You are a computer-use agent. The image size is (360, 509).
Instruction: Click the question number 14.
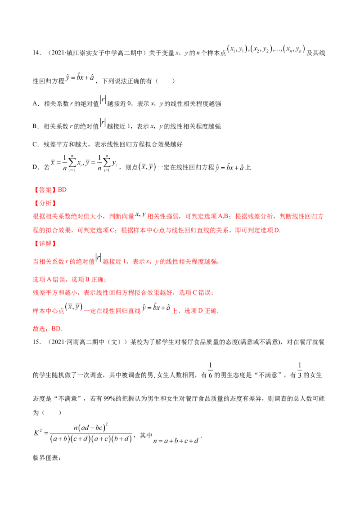tap(36, 53)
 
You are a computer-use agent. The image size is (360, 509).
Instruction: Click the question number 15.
tap(36, 342)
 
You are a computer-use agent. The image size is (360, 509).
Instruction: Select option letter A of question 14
tap(36, 104)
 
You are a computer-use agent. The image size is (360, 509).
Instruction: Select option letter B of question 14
tap(36, 126)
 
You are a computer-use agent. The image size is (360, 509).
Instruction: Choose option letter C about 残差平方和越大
tap(36, 144)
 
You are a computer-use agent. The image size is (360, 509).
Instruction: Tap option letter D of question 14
tap(36, 168)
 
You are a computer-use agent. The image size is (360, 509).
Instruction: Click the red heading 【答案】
tap(45, 190)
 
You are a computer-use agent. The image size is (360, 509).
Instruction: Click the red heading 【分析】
tap(45, 204)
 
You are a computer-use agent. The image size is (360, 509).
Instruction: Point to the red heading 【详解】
tap(45, 244)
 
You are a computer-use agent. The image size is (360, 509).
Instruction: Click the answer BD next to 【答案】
tap(62, 190)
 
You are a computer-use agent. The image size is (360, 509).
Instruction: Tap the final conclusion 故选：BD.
tap(47, 329)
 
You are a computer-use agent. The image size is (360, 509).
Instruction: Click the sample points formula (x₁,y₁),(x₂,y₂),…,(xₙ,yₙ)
tap(266, 49)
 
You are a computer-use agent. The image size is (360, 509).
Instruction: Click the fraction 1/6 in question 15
tap(210, 371)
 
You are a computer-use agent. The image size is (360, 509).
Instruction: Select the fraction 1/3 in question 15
tap(299, 371)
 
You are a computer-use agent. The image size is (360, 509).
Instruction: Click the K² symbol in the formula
tap(38, 433)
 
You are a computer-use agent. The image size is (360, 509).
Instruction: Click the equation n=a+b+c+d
tap(176, 441)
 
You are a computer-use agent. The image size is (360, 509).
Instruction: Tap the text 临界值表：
tap(47, 458)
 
